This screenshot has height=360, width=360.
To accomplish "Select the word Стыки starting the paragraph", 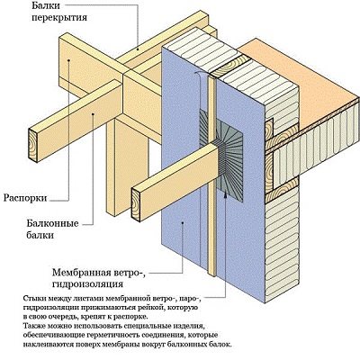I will tap(30, 298).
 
